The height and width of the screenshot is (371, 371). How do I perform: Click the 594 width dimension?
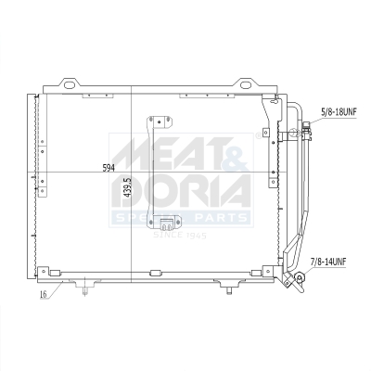coord(109,168)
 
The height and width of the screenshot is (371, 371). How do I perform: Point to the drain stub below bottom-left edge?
coord(84,289)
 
